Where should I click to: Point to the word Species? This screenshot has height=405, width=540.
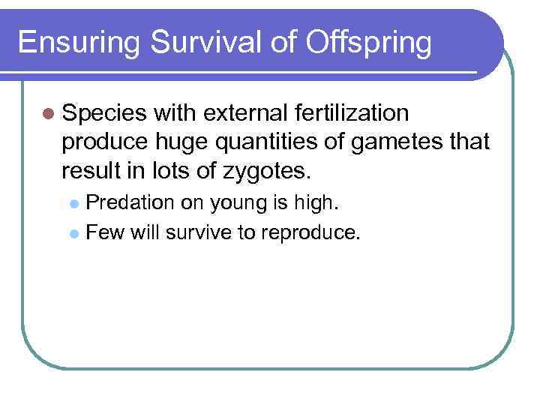pos(105,113)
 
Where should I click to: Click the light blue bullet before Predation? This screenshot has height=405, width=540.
pos(73,202)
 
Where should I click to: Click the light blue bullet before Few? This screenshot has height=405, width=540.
pos(73,233)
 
